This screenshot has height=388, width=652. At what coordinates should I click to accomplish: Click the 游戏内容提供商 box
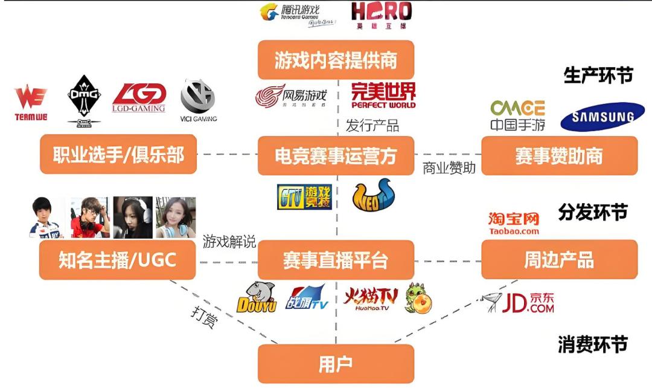coord(336,60)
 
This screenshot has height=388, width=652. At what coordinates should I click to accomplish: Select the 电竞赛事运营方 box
coord(336,156)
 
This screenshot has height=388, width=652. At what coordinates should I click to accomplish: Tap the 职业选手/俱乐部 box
coord(118,155)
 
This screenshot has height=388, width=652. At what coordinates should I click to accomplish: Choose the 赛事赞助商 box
coord(559,156)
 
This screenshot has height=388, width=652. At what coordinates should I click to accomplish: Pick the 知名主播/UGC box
coord(118,260)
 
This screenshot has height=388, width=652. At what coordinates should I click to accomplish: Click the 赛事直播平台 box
coord(336,260)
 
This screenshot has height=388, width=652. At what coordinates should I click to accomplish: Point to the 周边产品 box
coord(559,260)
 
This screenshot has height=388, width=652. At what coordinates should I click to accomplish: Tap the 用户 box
coord(336,364)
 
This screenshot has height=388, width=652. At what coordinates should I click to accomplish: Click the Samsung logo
coord(602,117)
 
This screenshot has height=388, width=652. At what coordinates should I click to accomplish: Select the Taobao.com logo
coord(514,223)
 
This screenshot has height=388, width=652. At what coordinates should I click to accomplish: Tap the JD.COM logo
coord(520,302)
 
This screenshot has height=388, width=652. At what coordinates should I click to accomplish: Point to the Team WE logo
coord(31,103)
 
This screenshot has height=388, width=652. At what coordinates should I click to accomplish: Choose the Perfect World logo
coord(383,95)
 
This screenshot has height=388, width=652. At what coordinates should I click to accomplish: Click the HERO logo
coord(381,15)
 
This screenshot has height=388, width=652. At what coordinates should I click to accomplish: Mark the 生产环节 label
coord(598,76)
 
